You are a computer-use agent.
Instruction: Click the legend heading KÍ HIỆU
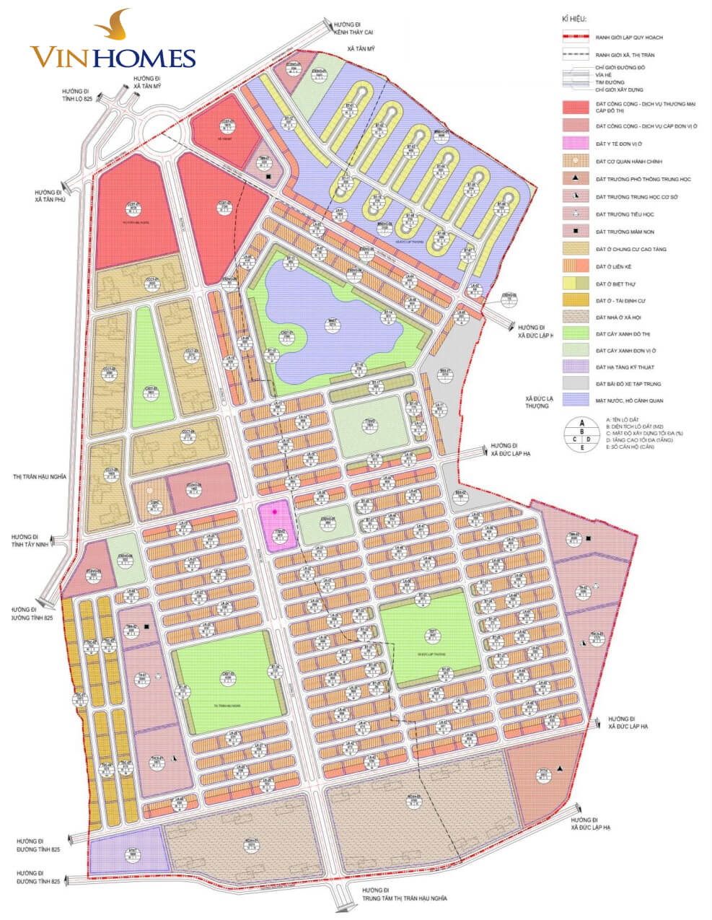click(573, 19)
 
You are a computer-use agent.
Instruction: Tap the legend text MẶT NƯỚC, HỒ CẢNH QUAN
click(629, 400)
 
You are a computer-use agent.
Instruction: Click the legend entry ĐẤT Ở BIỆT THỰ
click(620, 284)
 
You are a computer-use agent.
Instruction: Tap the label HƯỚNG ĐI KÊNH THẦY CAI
click(352, 27)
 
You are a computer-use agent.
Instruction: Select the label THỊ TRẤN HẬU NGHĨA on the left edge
click(40, 477)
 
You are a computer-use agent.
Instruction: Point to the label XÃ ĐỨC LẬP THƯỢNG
click(539, 402)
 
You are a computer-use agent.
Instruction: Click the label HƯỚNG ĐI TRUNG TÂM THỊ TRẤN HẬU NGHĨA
click(404, 894)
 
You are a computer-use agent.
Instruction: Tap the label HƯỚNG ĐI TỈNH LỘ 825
click(78, 100)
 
